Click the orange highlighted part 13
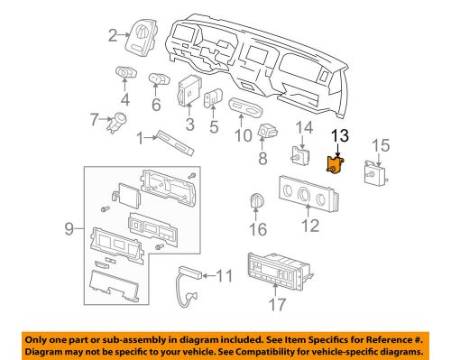coord(336,163)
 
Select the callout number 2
coord(114,36)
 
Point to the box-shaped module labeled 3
coord(190,92)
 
